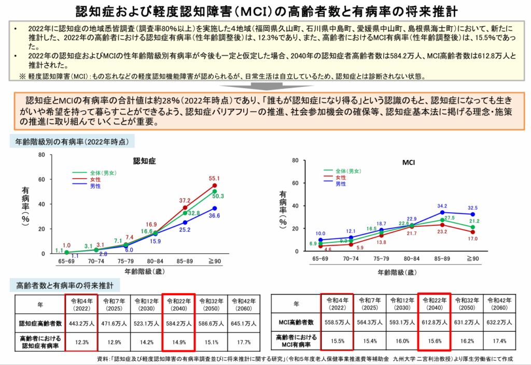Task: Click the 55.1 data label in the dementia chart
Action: pos(214,178)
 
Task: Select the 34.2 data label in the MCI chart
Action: pos(442,206)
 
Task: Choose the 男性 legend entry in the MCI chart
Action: pos(341,184)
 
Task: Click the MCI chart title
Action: pos(409,162)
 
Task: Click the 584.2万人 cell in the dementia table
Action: pos(178,324)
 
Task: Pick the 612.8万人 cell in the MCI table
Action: pos(434,323)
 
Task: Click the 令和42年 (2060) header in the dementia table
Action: pos(243,304)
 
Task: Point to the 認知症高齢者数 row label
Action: pos(40,324)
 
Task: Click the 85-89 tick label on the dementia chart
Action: pos(184,261)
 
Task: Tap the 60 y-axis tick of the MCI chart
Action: pos(294,183)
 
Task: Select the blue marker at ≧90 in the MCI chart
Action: pos(472,214)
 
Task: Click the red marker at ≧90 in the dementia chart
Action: pos(215,185)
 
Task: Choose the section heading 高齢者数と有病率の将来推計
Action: pos(65,285)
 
